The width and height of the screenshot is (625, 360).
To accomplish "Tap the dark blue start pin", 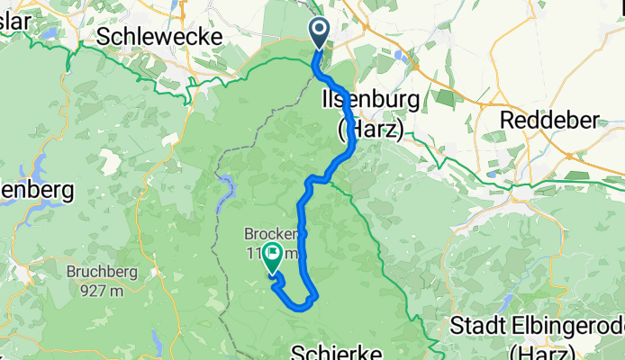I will click(x=321, y=34).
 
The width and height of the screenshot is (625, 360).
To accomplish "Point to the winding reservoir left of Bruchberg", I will click(x=40, y=167).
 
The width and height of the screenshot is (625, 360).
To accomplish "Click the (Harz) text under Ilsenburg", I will click(x=370, y=129).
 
